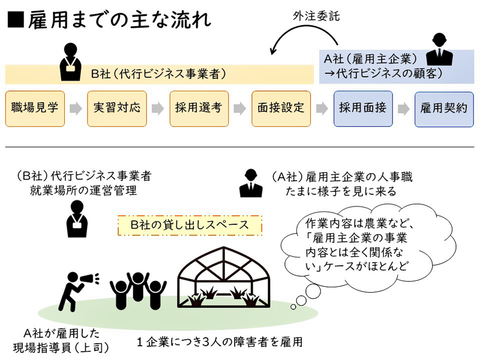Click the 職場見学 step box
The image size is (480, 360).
coord(35,109)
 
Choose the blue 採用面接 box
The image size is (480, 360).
coord(362,109)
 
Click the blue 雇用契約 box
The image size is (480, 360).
coord(444,109)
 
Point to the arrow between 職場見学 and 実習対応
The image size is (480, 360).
coord(76,109)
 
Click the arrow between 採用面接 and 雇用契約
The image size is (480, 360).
coord(403,109)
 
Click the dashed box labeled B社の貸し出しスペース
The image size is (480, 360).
coord(190,226)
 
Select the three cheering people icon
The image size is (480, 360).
coord(137,289)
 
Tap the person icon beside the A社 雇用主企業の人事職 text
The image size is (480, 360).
coord(251,184)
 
